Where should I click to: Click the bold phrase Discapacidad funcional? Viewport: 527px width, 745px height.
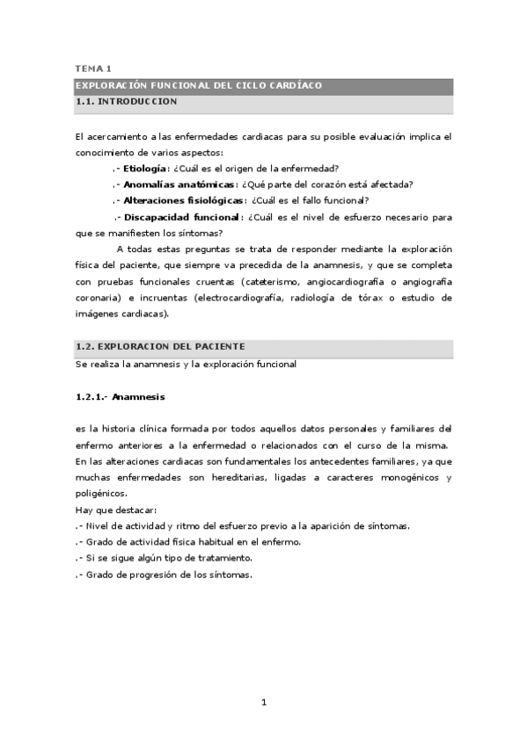[180, 217]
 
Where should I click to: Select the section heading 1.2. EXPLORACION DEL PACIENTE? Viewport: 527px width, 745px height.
[160, 347]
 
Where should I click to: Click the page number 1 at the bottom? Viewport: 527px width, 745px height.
[263, 702]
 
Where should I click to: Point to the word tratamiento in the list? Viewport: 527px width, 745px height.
[224, 558]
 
